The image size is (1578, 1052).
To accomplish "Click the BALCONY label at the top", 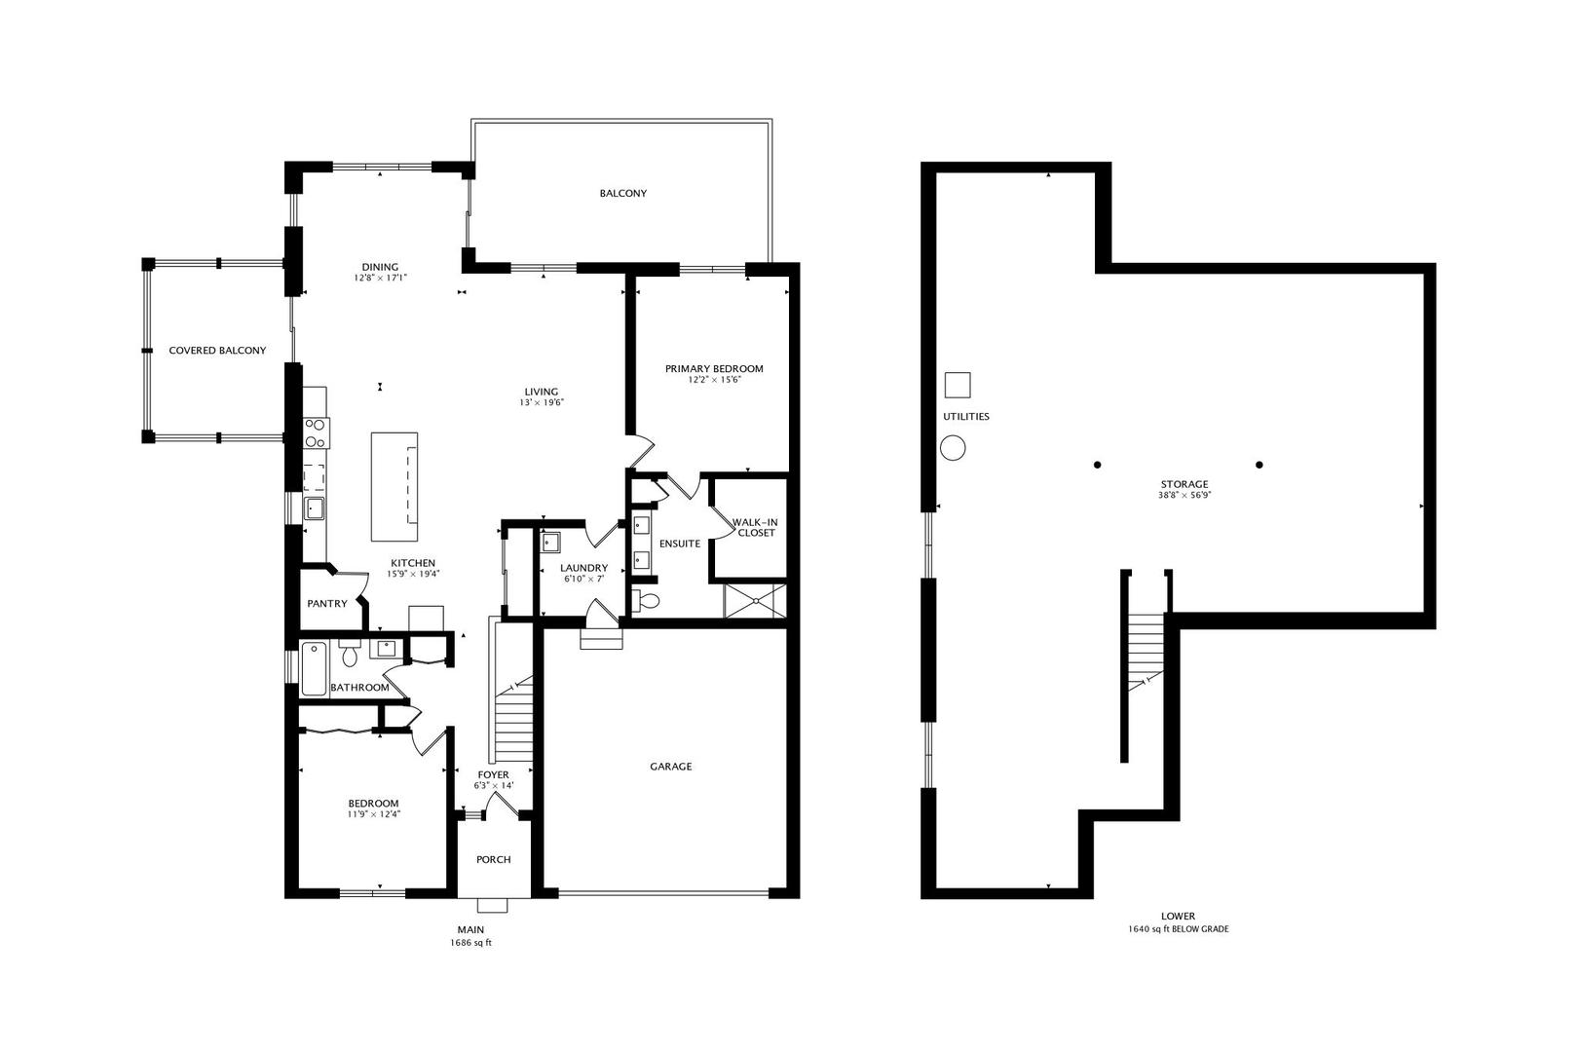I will (x=622, y=193).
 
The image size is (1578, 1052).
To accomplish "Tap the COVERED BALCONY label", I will (x=217, y=351).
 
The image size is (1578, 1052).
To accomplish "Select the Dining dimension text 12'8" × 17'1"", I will (x=380, y=278).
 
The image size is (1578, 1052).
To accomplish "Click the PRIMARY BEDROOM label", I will (x=714, y=369).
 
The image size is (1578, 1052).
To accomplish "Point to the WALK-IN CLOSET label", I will (x=756, y=527).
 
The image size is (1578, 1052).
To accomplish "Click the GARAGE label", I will (x=670, y=767).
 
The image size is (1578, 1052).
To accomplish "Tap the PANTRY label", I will (x=327, y=604).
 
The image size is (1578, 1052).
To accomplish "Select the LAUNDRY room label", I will (x=583, y=568).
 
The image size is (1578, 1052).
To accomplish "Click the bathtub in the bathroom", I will (x=314, y=668).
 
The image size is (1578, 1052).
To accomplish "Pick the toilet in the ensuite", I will (x=648, y=600).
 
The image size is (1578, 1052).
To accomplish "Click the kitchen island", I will (x=394, y=487).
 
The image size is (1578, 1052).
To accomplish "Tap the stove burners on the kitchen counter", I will (x=316, y=432).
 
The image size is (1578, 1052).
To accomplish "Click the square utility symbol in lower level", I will (x=958, y=385).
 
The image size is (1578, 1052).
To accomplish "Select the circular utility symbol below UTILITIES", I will (x=953, y=449).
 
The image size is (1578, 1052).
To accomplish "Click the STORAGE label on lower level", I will (x=1183, y=484).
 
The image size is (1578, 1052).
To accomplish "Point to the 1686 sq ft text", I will (x=470, y=943).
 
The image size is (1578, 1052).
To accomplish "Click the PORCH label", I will (x=493, y=859).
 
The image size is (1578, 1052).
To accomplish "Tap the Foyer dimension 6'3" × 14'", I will (x=493, y=785).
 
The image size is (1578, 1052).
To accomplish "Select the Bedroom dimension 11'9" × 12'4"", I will (x=374, y=814).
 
